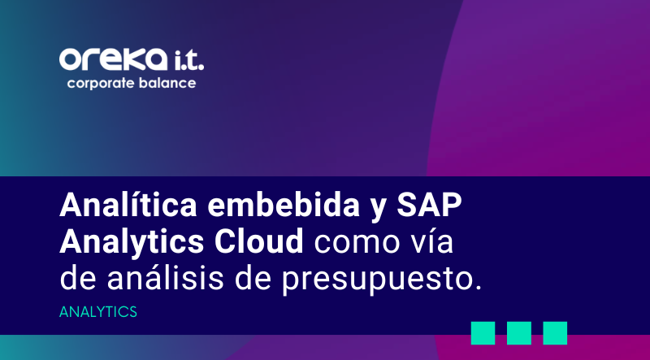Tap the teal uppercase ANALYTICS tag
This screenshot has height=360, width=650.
pyautogui.click(x=98, y=312)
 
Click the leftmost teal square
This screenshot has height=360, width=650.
pyautogui.click(x=483, y=332)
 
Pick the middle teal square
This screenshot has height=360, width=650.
pyautogui.click(x=519, y=332)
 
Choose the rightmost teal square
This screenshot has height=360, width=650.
pyautogui.click(x=555, y=332)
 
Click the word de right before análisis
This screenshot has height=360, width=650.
pyautogui.click(x=80, y=279)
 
